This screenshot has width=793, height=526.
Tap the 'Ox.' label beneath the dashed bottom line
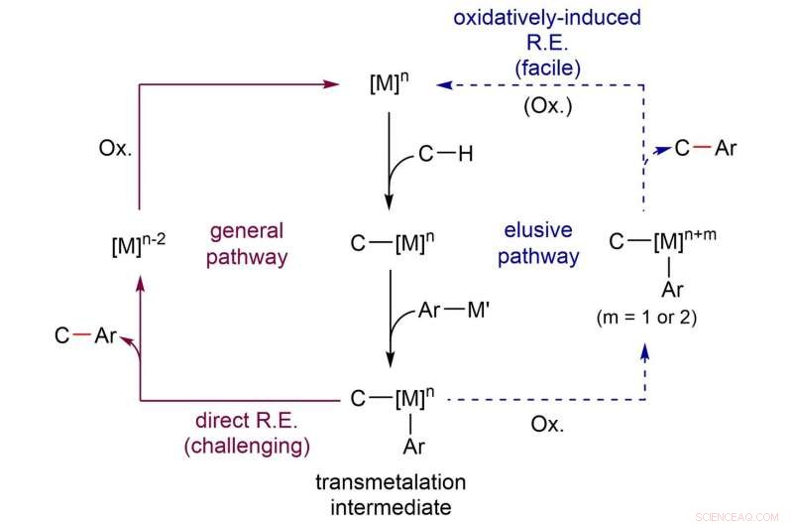547,424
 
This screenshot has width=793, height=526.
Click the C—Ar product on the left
87,336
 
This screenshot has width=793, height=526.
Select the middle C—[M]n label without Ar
390,243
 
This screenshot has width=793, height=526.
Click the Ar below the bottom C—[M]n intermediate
413,447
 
